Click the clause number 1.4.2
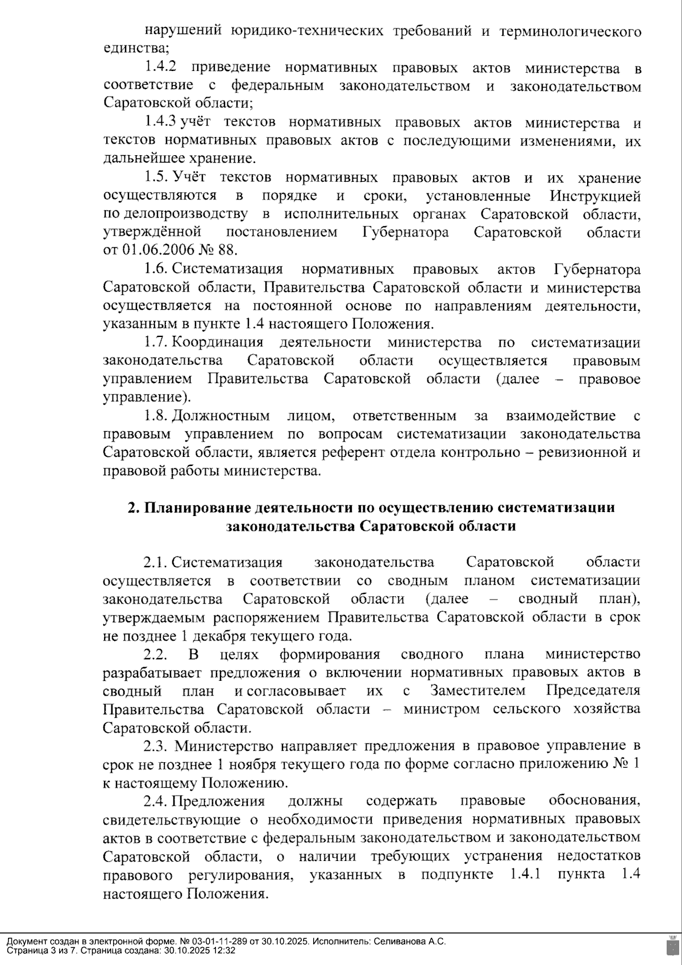pos(160,68)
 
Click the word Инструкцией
pos(595,196)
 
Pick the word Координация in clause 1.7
pos(218,342)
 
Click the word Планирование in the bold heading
pos(198,508)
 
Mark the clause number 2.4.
pos(155,801)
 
